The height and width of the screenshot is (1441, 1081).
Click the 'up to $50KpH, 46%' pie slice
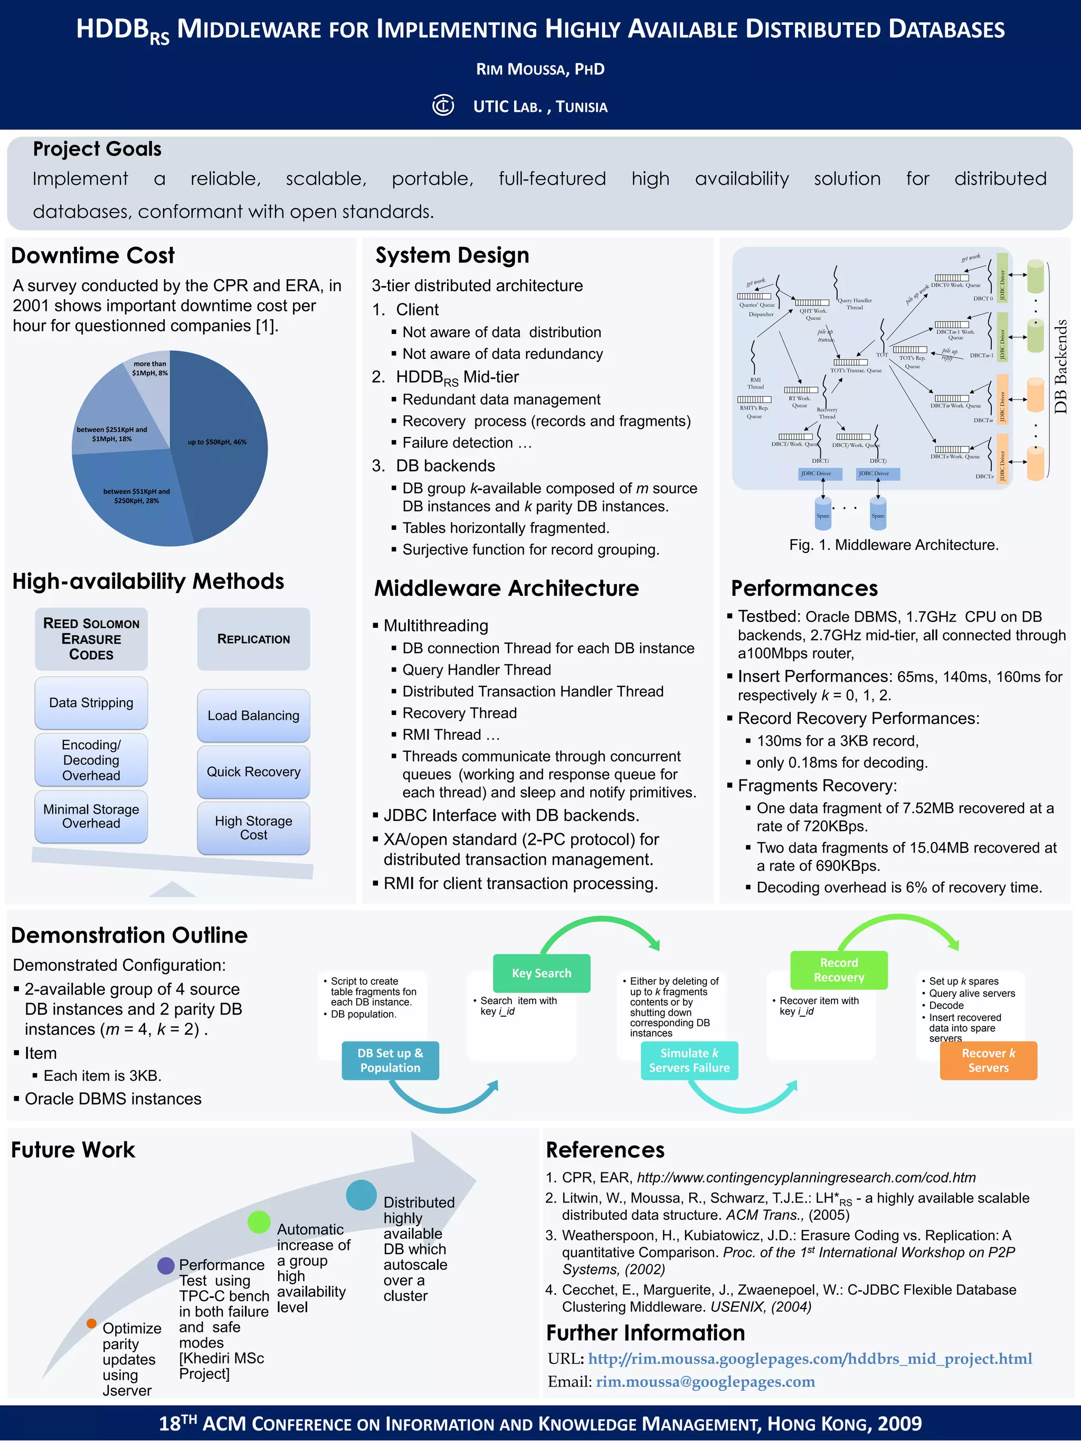pyautogui.click(x=222, y=443)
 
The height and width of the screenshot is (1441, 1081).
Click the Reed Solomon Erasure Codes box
pyautogui.click(x=91, y=639)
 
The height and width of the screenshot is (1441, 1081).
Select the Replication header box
pyautogui.click(x=253, y=639)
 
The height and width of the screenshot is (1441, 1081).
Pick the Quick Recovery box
pyautogui.click(x=253, y=772)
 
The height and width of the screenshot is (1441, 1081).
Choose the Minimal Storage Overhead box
pyautogui.click(x=91, y=816)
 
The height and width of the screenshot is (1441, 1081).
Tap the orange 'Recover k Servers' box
pyautogui.click(x=988, y=1061)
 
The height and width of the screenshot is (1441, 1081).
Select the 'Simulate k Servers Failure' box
pyautogui.click(x=689, y=1061)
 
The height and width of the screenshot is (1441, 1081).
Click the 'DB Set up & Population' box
pyautogui.click(x=390, y=1061)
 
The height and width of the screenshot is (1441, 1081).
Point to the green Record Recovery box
pyautogui.click(x=839, y=970)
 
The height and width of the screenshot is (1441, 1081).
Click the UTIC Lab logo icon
pyautogui.click(x=443, y=106)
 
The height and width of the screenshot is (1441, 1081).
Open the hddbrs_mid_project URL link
pyautogui.click(x=810, y=1358)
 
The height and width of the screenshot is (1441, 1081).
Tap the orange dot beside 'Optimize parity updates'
pyautogui.click(x=92, y=1323)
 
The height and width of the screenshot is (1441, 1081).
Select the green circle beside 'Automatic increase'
pyautogui.click(x=259, y=1222)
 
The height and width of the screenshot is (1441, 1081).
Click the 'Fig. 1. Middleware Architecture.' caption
pyautogui.click(x=893, y=545)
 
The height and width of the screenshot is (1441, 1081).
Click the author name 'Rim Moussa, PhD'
pyautogui.click(x=540, y=69)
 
